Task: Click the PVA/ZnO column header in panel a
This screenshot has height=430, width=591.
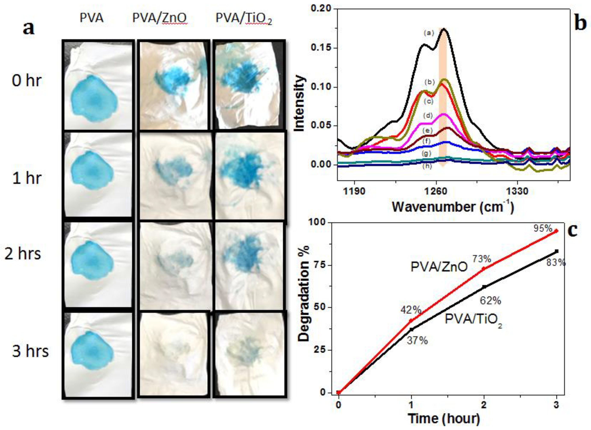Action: click(x=160, y=18)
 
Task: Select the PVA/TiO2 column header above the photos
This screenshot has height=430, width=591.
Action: click(x=244, y=19)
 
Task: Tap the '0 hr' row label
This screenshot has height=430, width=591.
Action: click(x=27, y=80)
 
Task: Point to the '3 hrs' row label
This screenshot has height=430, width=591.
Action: click(x=30, y=351)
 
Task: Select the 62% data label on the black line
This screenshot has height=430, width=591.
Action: click(x=490, y=301)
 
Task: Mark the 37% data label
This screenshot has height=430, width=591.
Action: click(x=417, y=340)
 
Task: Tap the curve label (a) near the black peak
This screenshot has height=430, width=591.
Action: click(x=429, y=33)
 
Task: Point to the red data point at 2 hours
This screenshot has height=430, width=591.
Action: click(x=484, y=269)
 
